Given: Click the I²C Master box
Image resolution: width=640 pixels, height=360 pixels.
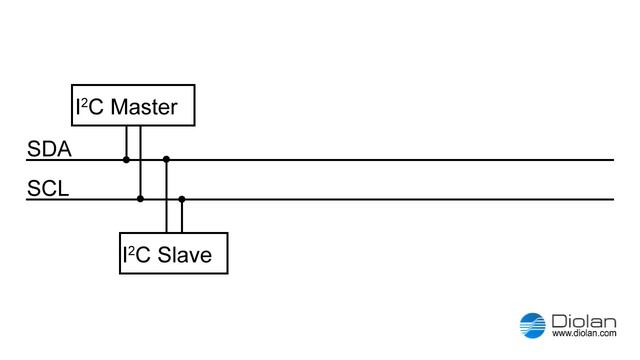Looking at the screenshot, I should pyautogui.click(x=130, y=105).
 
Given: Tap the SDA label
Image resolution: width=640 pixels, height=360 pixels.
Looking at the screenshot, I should pyautogui.click(x=48, y=150).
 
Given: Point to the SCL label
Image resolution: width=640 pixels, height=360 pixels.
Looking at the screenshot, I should pyautogui.click(x=48, y=189).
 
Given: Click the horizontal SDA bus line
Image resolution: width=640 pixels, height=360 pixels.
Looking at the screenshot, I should pyautogui.click(x=400, y=159).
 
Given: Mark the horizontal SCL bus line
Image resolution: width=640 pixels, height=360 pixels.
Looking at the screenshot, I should pyautogui.click(x=400, y=199).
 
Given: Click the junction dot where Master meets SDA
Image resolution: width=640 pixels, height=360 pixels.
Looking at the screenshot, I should pyautogui.click(x=126, y=159).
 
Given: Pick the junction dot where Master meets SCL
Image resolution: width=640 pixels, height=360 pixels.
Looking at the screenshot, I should pyautogui.click(x=140, y=199).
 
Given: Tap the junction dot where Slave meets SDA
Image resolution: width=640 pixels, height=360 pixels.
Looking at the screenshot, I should pyautogui.click(x=166, y=159).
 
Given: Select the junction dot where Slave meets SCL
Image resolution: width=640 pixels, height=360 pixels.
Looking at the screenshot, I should pyautogui.click(x=181, y=199).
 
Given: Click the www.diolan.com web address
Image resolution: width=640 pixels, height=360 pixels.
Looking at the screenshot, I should pyautogui.click(x=581, y=333).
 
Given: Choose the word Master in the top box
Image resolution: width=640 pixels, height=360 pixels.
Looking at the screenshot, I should pyautogui.click(x=143, y=107).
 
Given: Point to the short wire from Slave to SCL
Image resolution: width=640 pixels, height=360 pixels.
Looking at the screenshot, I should pyautogui.click(x=181, y=216).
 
